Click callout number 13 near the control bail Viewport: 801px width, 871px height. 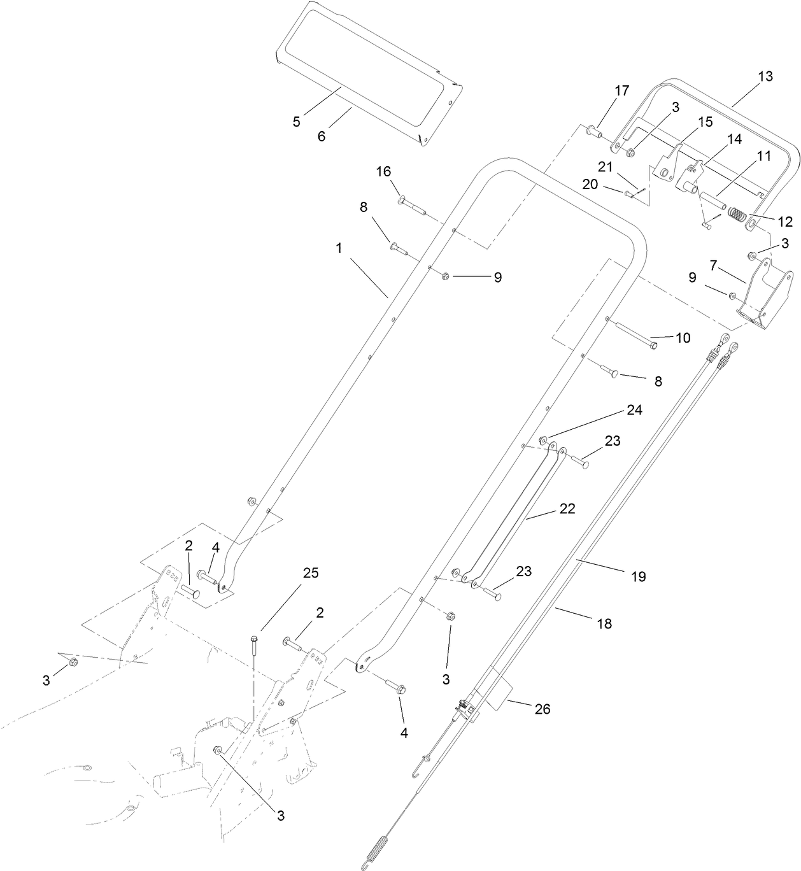[765, 76]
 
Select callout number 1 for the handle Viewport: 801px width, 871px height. [339, 248]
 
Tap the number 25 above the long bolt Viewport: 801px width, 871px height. [310, 572]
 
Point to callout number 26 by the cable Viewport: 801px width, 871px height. [542, 709]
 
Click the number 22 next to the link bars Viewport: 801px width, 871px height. [567, 509]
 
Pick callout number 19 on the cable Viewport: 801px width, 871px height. [638, 576]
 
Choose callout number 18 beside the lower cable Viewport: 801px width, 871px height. [604, 624]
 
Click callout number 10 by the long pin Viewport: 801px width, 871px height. [682, 337]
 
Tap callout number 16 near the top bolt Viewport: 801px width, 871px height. [383, 172]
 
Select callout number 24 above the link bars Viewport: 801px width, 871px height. [634, 410]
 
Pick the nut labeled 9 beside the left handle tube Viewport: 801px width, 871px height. [445, 276]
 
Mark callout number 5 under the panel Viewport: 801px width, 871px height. [296, 122]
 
